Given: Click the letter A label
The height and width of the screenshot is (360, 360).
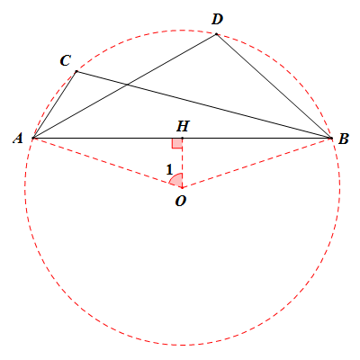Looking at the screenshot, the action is (18, 139).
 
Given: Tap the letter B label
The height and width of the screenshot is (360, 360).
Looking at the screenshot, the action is (343, 139).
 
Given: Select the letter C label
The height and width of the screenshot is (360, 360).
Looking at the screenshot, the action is (65, 60).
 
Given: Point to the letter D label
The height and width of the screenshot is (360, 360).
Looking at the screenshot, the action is (217, 20).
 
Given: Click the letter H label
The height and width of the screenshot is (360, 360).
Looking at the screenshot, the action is (183, 126).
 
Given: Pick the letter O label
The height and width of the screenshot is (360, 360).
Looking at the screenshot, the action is (181, 201).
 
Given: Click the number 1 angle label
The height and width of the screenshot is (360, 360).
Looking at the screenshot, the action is (169, 170).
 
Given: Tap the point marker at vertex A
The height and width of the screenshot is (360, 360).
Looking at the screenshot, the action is (33, 138).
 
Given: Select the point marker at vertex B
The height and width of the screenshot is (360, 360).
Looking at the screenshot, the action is (331, 138).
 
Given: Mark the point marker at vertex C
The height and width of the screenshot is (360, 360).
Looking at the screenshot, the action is (76, 71).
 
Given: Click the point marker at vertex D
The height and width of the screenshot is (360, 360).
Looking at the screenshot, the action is (216, 34).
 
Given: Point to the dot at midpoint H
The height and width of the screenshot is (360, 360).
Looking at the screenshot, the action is (182, 138).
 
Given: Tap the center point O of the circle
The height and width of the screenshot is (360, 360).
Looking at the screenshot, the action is (182, 188).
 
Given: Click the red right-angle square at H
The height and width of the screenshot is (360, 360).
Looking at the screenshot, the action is (177, 143).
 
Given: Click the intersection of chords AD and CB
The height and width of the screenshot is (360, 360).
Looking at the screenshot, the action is (128, 85).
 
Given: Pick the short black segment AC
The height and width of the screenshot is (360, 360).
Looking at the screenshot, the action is (55, 104).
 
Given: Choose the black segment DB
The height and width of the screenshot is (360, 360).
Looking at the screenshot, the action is (274, 86).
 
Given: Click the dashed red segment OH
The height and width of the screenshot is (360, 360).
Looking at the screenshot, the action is (182, 163).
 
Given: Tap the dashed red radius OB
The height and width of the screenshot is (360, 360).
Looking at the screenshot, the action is (256, 163).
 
